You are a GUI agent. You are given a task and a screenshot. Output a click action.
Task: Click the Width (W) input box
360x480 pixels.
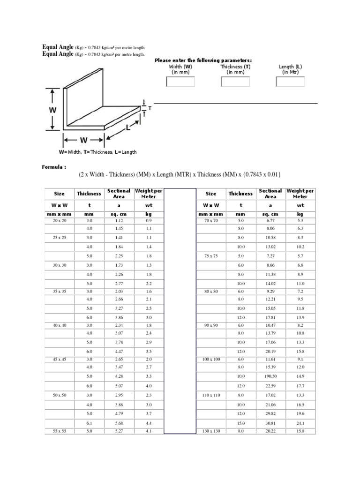180,82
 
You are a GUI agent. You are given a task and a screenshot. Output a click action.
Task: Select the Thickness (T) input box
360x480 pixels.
235,82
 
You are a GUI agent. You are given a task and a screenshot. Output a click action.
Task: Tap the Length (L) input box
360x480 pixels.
291,82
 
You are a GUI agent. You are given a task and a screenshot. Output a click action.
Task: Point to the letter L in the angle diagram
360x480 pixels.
128,127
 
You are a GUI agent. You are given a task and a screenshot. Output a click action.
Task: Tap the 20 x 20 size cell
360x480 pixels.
60,220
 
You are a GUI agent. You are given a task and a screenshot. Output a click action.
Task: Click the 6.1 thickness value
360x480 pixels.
89,423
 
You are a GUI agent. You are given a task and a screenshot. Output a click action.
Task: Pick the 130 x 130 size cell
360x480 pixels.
211,431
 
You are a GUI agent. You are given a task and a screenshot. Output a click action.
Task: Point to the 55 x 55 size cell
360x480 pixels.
60,431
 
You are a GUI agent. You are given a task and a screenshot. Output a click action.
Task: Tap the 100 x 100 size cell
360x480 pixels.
211,359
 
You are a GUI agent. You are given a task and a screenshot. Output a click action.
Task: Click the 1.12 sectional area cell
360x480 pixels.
119,220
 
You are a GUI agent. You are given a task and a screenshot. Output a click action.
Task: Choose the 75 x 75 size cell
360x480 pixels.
211,256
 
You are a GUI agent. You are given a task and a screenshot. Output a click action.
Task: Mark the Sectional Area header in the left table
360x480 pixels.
119,194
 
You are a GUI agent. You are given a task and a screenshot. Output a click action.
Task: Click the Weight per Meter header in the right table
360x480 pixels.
300,194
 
